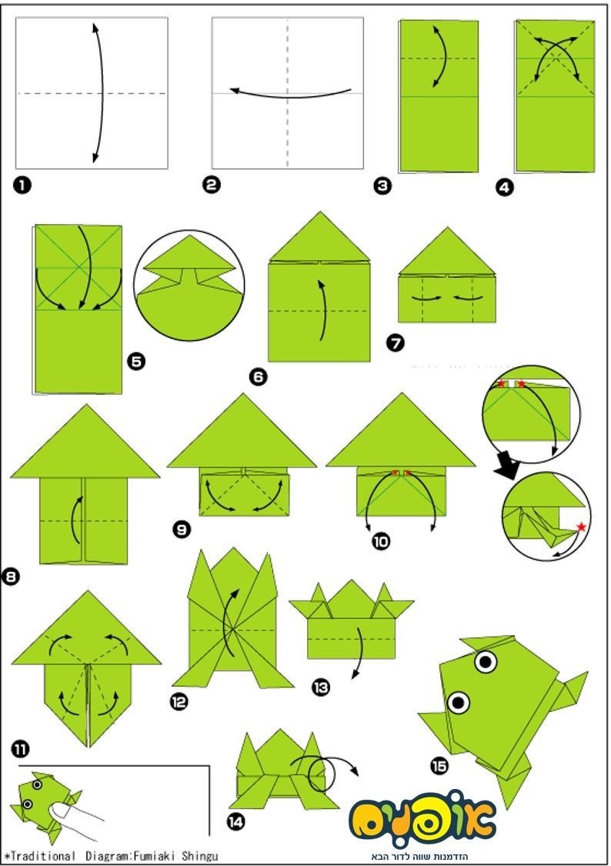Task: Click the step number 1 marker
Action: [x=22, y=185]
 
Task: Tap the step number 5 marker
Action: [x=136, y=362]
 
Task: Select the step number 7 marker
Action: [x=396, y=343]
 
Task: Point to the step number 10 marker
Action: [x=381, y=541]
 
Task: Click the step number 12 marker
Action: [x=179, y=702]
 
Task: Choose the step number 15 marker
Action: [x=439, y=766]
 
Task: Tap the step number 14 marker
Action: [x=235, y=822]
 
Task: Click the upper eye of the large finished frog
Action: [x=486, y=661]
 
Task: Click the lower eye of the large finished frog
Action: [x=458, y=703]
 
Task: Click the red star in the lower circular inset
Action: [x=581, y=527]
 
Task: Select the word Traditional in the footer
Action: [x=43, y=855]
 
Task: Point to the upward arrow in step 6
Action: [x=322, y=310]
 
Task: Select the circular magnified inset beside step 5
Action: [x=189, y=285]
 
